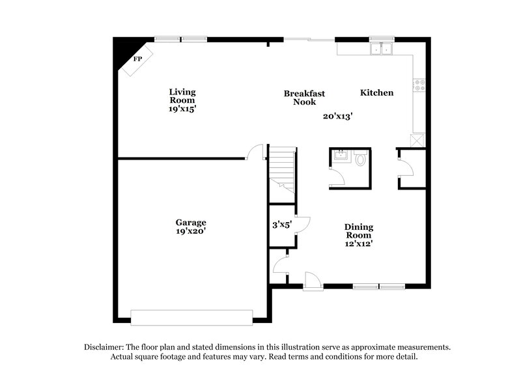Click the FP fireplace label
click(137, 59)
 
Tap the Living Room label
click(182, 96)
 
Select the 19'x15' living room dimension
click(182, 109)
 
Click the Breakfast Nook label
click(304, 98)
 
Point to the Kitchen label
click(377, 93)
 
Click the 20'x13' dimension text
click(337, 117)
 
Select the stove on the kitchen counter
click(418, 84)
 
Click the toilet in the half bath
click(361, 158)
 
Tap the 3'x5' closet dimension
click(281, 225)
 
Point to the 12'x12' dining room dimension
click(359, 244)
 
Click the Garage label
click(191, 221)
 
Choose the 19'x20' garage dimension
click(191, 231)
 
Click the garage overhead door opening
click(191, 316)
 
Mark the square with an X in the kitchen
click(417, 139)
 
